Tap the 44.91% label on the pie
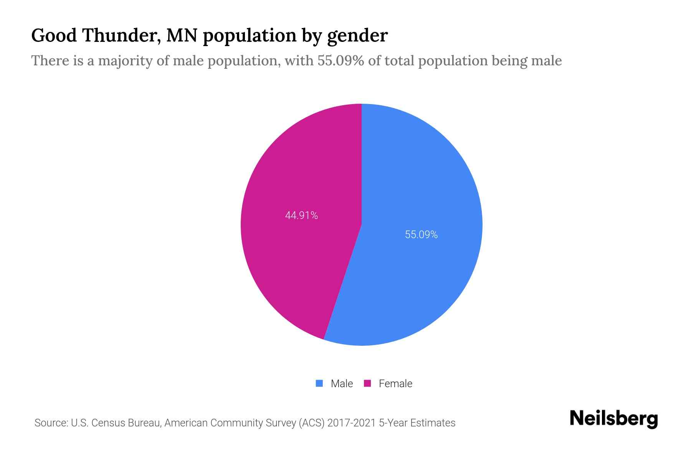pos(301,216)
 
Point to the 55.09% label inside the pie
pos(421,235)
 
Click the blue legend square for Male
pos(319,383)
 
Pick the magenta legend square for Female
pos(367,383)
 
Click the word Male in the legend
pos(342,383)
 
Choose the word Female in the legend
pos(395,383)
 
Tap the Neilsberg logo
pos(613,419)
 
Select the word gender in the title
pos(357,36)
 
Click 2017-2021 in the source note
pos(351,423)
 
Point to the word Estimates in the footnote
pos(433,423)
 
